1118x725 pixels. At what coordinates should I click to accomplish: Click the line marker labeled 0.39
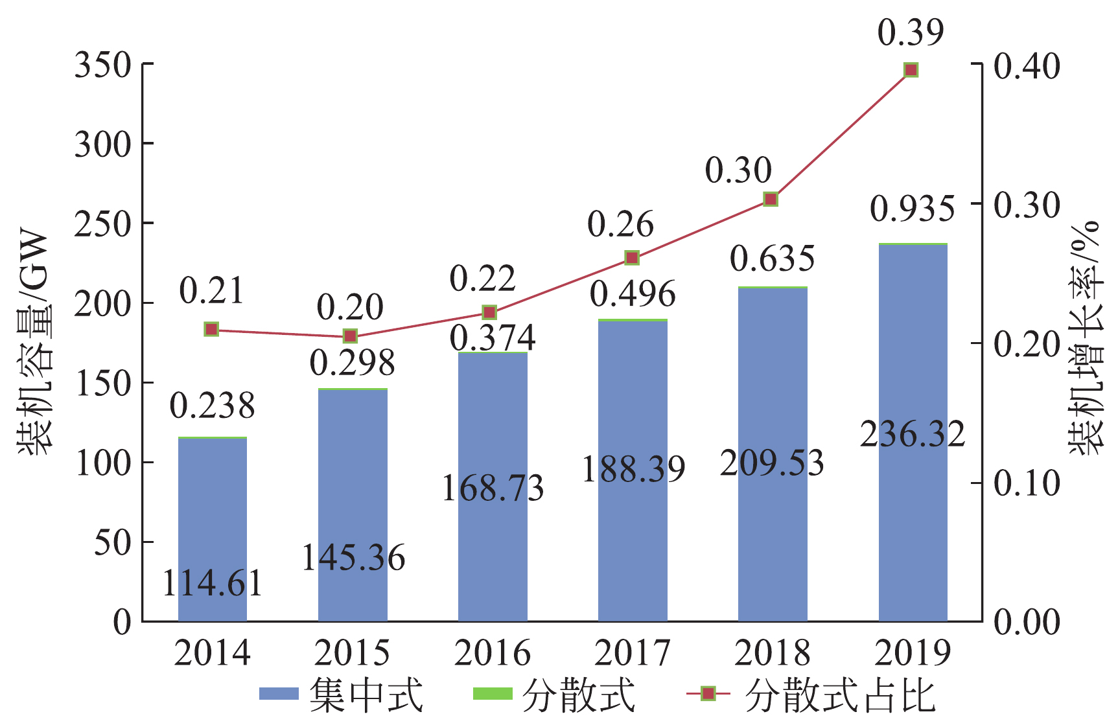[x=911, y=70]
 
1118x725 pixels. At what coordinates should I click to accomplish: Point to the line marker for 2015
[x=350, y=336]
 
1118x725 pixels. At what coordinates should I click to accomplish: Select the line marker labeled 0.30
[x=771, y=199]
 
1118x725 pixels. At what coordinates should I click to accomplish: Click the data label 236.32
[x=913, y=434]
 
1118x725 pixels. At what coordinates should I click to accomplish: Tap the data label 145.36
[x=353, y=558]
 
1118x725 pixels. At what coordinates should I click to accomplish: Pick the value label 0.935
[x=913, y=209]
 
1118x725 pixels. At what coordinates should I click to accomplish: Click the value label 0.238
[x=213, y=406]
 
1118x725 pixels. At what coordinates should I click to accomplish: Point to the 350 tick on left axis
[x=103, y=65]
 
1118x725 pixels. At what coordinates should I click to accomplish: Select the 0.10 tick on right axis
[x=1027, y=483]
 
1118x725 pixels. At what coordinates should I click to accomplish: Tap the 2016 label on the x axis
[x=493, y=653]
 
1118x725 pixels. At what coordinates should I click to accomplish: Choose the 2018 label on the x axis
[x=773, y=653]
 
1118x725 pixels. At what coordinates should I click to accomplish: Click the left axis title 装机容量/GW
[x=34, y=343]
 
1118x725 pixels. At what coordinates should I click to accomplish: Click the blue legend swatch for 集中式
[x=279, y=694]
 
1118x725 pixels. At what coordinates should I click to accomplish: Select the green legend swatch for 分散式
[x=493, y=694]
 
